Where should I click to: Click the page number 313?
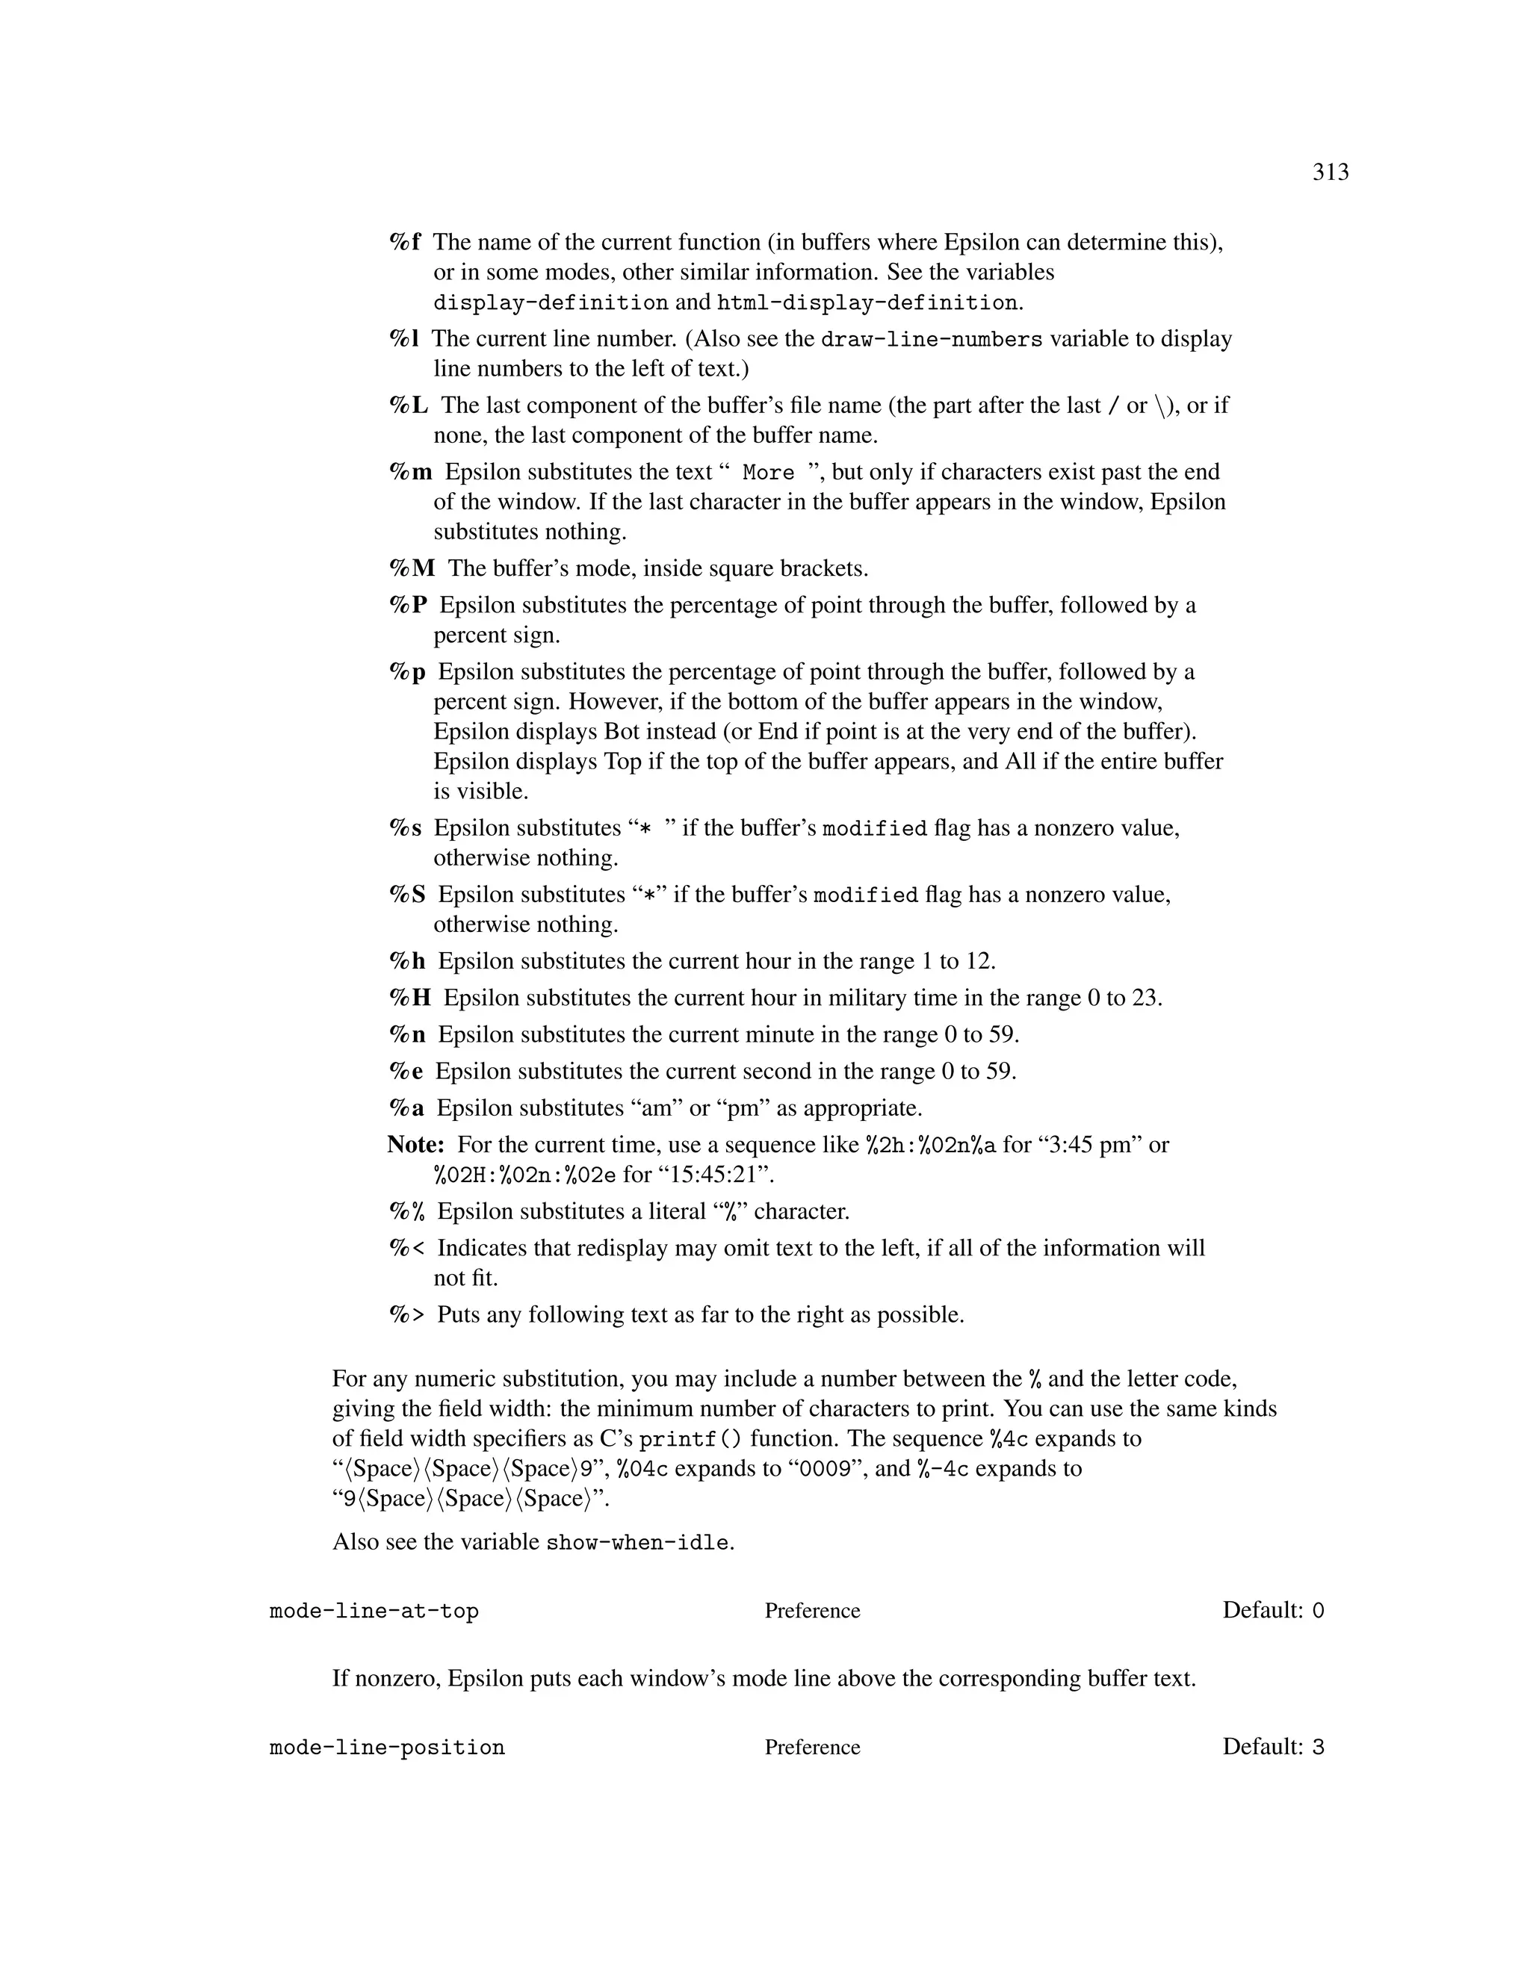tap(1330, 173)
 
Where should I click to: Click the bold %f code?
tap(405, 243)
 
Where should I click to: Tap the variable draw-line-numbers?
tap(931, 340)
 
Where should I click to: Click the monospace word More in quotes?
tap(768, 473)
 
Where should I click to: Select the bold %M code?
tap(412, 569)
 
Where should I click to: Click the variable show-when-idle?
tap(637, 1542)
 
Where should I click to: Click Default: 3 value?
tap(1272, 1747)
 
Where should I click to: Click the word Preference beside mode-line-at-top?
tap(812, 1611)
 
